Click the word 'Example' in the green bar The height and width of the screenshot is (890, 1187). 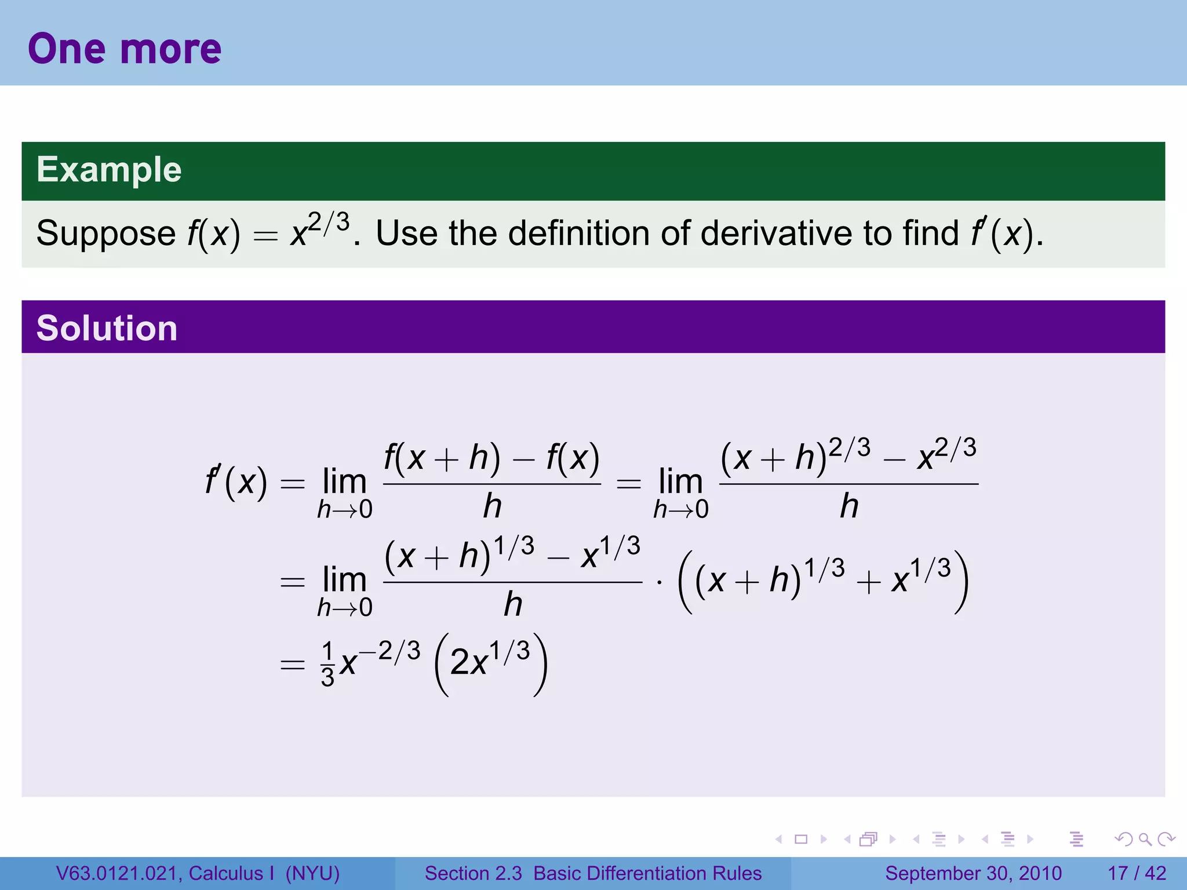click(x=109, y=170)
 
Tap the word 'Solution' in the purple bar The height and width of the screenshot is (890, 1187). click(x=107, y=328)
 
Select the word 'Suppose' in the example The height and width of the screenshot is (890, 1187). click(x=105, y=234)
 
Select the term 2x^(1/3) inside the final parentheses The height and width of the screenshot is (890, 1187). click(x=490, y=661)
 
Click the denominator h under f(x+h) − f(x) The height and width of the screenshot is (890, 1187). click(x=492, y=506)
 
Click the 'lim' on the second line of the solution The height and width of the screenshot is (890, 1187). click(x=344, y=580)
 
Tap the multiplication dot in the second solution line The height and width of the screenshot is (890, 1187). click(x=660, y=582)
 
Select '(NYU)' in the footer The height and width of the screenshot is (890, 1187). click(x=312, y=873)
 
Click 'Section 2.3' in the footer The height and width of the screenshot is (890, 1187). click(x=474, y=873)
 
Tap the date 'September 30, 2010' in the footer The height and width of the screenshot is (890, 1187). click(x=973, y=873)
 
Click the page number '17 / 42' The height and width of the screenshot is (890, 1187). click(x=1137, y=873)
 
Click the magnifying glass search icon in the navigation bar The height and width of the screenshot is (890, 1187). click(x=1144, y=839)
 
